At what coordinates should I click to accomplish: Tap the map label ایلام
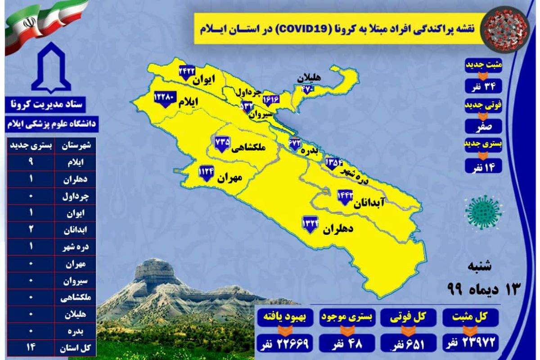(189, 103)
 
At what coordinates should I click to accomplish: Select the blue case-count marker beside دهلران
(310, 223)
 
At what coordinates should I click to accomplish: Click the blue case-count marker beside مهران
(207, 172)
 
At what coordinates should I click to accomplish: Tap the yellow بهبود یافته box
(282, 319)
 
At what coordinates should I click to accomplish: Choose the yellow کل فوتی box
(407, 319)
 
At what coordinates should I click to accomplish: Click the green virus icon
(484, 211)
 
